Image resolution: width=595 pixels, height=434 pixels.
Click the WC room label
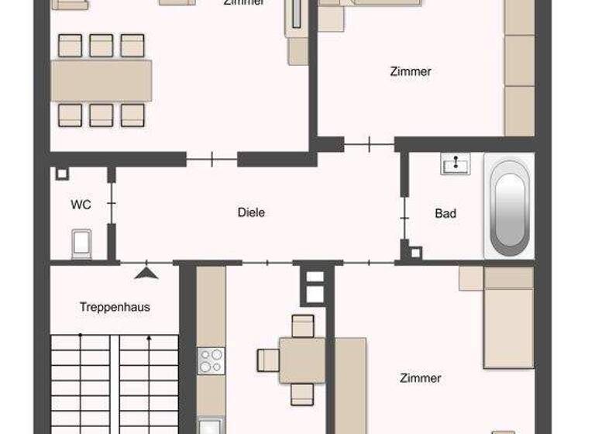(81, 205)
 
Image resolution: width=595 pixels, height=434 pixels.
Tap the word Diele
(251, 212)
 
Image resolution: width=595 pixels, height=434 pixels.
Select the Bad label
(445, 213)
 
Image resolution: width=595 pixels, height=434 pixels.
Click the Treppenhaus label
(115, 307)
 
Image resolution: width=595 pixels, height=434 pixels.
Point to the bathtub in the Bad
(509, 207)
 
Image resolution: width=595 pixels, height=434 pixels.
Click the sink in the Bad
(456, 164)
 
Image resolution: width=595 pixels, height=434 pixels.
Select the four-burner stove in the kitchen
(211, 360)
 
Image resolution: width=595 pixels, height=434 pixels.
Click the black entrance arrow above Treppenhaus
(146, 272)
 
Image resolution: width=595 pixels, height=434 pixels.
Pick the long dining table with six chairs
(101, 81)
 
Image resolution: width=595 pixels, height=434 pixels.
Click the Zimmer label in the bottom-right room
(421, 378)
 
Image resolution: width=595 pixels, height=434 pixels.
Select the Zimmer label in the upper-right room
(411, 71)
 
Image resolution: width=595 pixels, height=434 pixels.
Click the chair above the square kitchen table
(302, 325)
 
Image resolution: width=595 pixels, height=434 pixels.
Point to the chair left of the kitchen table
(268, 360)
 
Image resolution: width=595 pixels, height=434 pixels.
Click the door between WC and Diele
(112, 204)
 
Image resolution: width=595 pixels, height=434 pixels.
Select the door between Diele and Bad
(404, 216)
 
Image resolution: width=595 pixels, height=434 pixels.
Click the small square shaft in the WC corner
(62, 174)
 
